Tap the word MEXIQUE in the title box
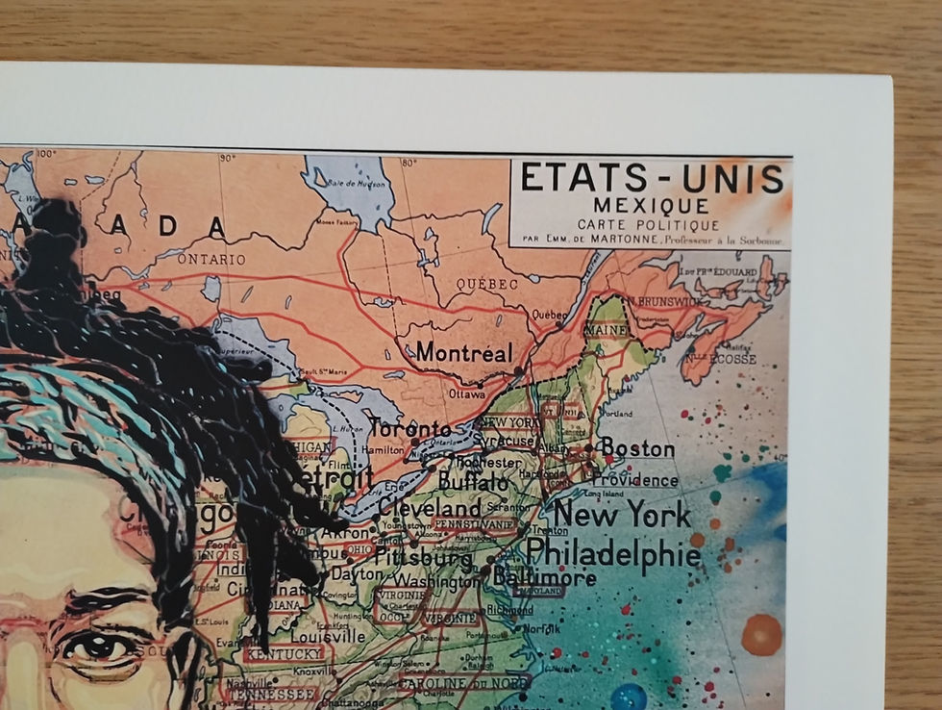(651, 205)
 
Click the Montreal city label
(464, 353)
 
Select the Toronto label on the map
(410, 428)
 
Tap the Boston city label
(636, 447)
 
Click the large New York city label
(621, 515)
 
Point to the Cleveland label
(430, 507)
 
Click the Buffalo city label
(473, 480)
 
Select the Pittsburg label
(423, 557)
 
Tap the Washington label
(437, 582)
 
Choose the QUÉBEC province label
(487, 285)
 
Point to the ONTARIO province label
(211, 259)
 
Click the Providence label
(634, 479)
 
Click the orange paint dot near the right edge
(761, 635)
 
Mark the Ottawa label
(467, 393)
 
